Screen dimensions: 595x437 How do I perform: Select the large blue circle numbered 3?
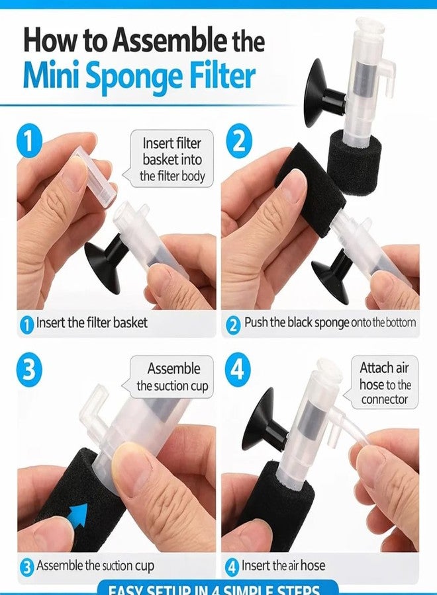29,369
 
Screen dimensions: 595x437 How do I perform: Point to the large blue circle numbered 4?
238,369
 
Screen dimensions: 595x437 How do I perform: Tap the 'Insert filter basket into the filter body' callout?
172,160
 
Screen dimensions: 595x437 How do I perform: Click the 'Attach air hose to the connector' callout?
385,383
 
